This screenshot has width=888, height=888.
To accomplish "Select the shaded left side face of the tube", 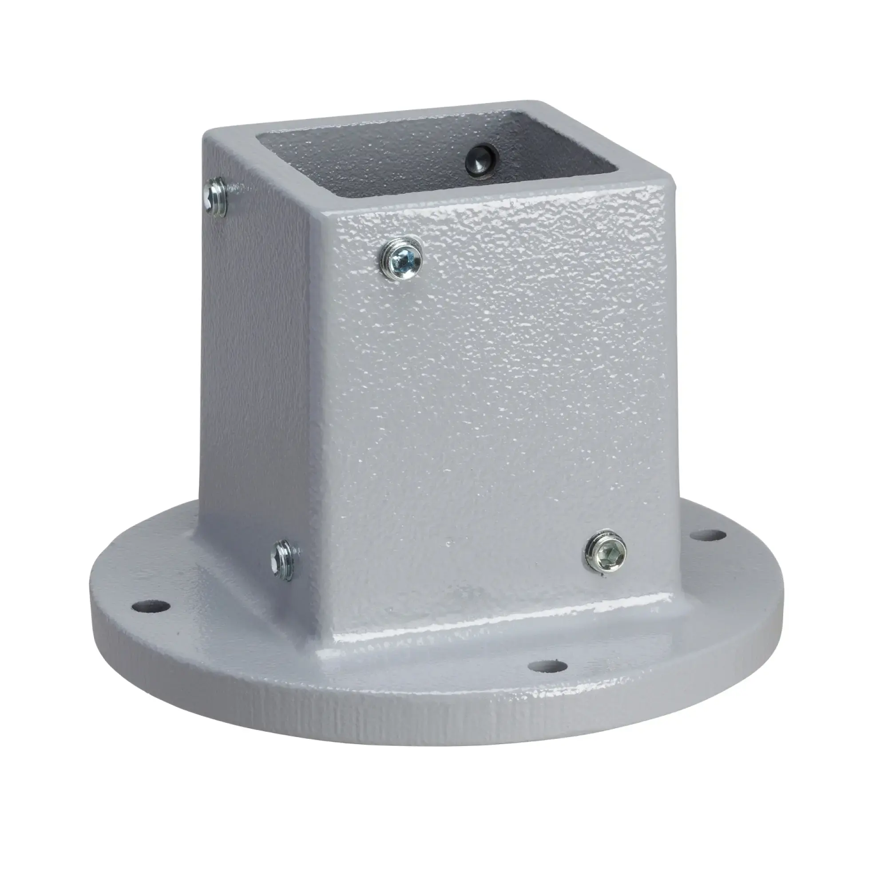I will coord(258,368).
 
